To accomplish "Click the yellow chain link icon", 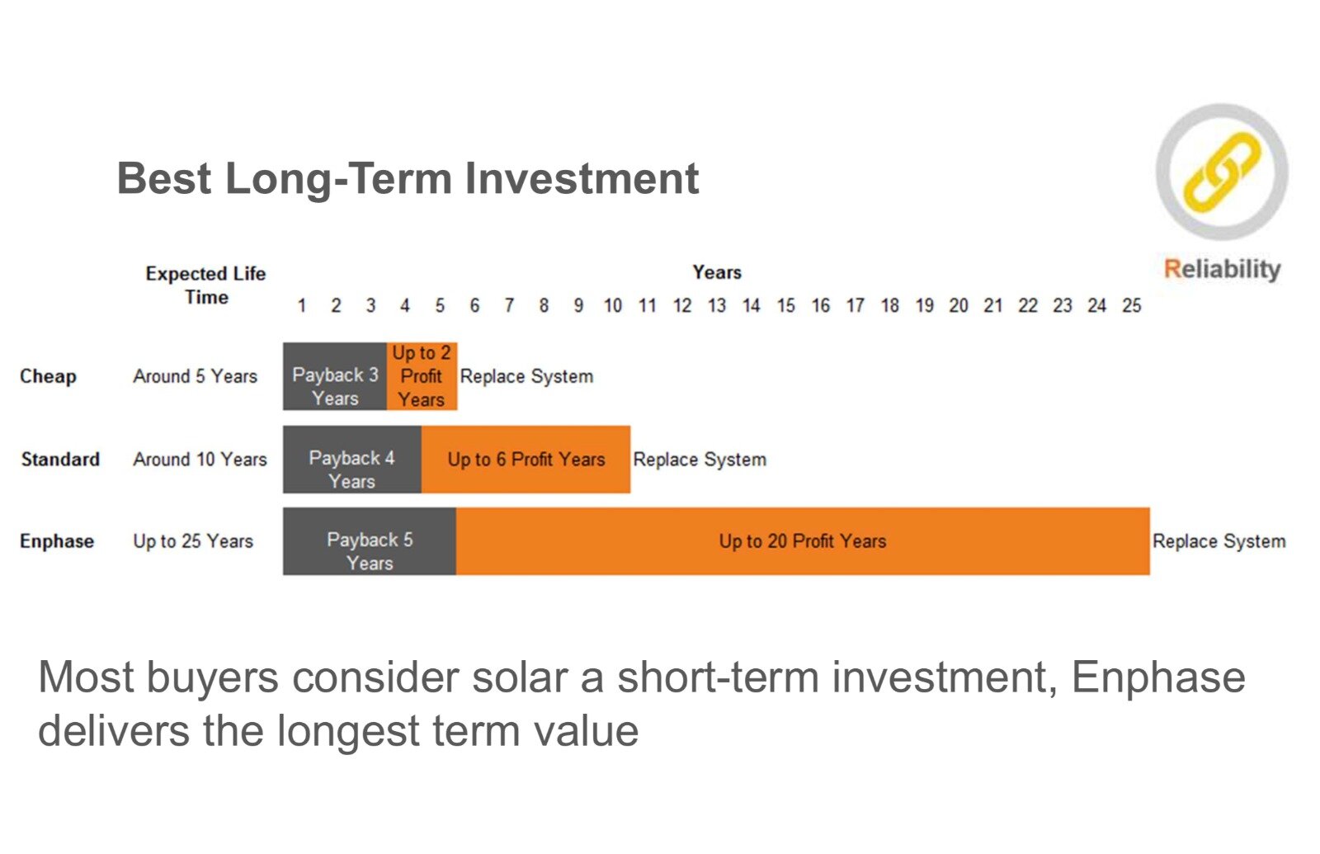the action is click(1222, 172).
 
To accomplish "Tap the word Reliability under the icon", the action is click(1222, 269).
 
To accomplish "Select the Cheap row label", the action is click(49, 376).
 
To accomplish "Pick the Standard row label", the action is click(61, 459).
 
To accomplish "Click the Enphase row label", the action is click(57, 541).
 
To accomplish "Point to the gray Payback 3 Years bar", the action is click(335, 376).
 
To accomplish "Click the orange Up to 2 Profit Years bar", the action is click(422, 376).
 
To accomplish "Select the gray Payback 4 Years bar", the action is click(352, 459).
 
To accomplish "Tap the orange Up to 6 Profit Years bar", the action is click(526, 459).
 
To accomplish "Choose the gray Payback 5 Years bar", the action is click(370, 541).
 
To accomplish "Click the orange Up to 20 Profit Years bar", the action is click(803, 541).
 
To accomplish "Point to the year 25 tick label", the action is click(1131, 305).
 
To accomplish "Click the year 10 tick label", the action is click(612, 305).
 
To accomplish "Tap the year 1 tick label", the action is click(301, 305).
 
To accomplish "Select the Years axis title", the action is click(717, 272).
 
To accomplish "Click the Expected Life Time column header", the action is click(205, 285).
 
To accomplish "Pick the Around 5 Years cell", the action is click(196, 376).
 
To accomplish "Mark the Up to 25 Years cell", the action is click(193, 541).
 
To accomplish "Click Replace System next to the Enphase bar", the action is click(1219, 541).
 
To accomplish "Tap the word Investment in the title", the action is click(582, 178).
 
